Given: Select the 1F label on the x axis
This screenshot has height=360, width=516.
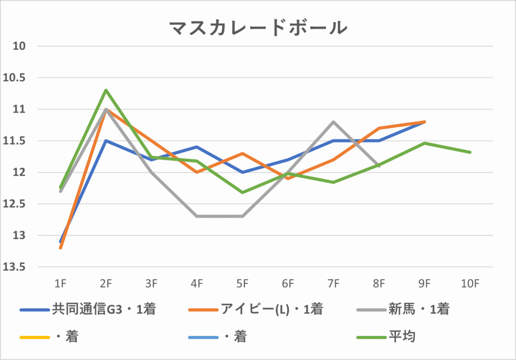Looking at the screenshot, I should [x=60, y=284].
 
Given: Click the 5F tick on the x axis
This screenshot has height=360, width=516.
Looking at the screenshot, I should [x=242, y=284].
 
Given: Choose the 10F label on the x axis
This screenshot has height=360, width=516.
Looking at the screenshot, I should [x=470, y=284].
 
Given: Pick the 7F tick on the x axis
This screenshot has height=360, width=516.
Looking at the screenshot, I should [x=333, y=284].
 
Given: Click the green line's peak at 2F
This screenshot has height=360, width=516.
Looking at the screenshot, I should [x=106, y=90].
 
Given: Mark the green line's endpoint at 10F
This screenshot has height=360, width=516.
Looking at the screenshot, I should [x=470, y=152].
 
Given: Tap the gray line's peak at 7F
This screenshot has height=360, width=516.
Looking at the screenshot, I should [x=333, y=122].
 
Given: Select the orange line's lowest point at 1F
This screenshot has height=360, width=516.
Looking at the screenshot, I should [x=60, y=248].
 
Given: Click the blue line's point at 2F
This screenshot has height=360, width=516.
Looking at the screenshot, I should [x=106, y=140].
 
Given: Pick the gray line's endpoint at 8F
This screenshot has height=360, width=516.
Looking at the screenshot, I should [x=379, y=166].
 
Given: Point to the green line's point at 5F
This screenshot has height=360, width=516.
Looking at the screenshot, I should [x=242, y=192].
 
